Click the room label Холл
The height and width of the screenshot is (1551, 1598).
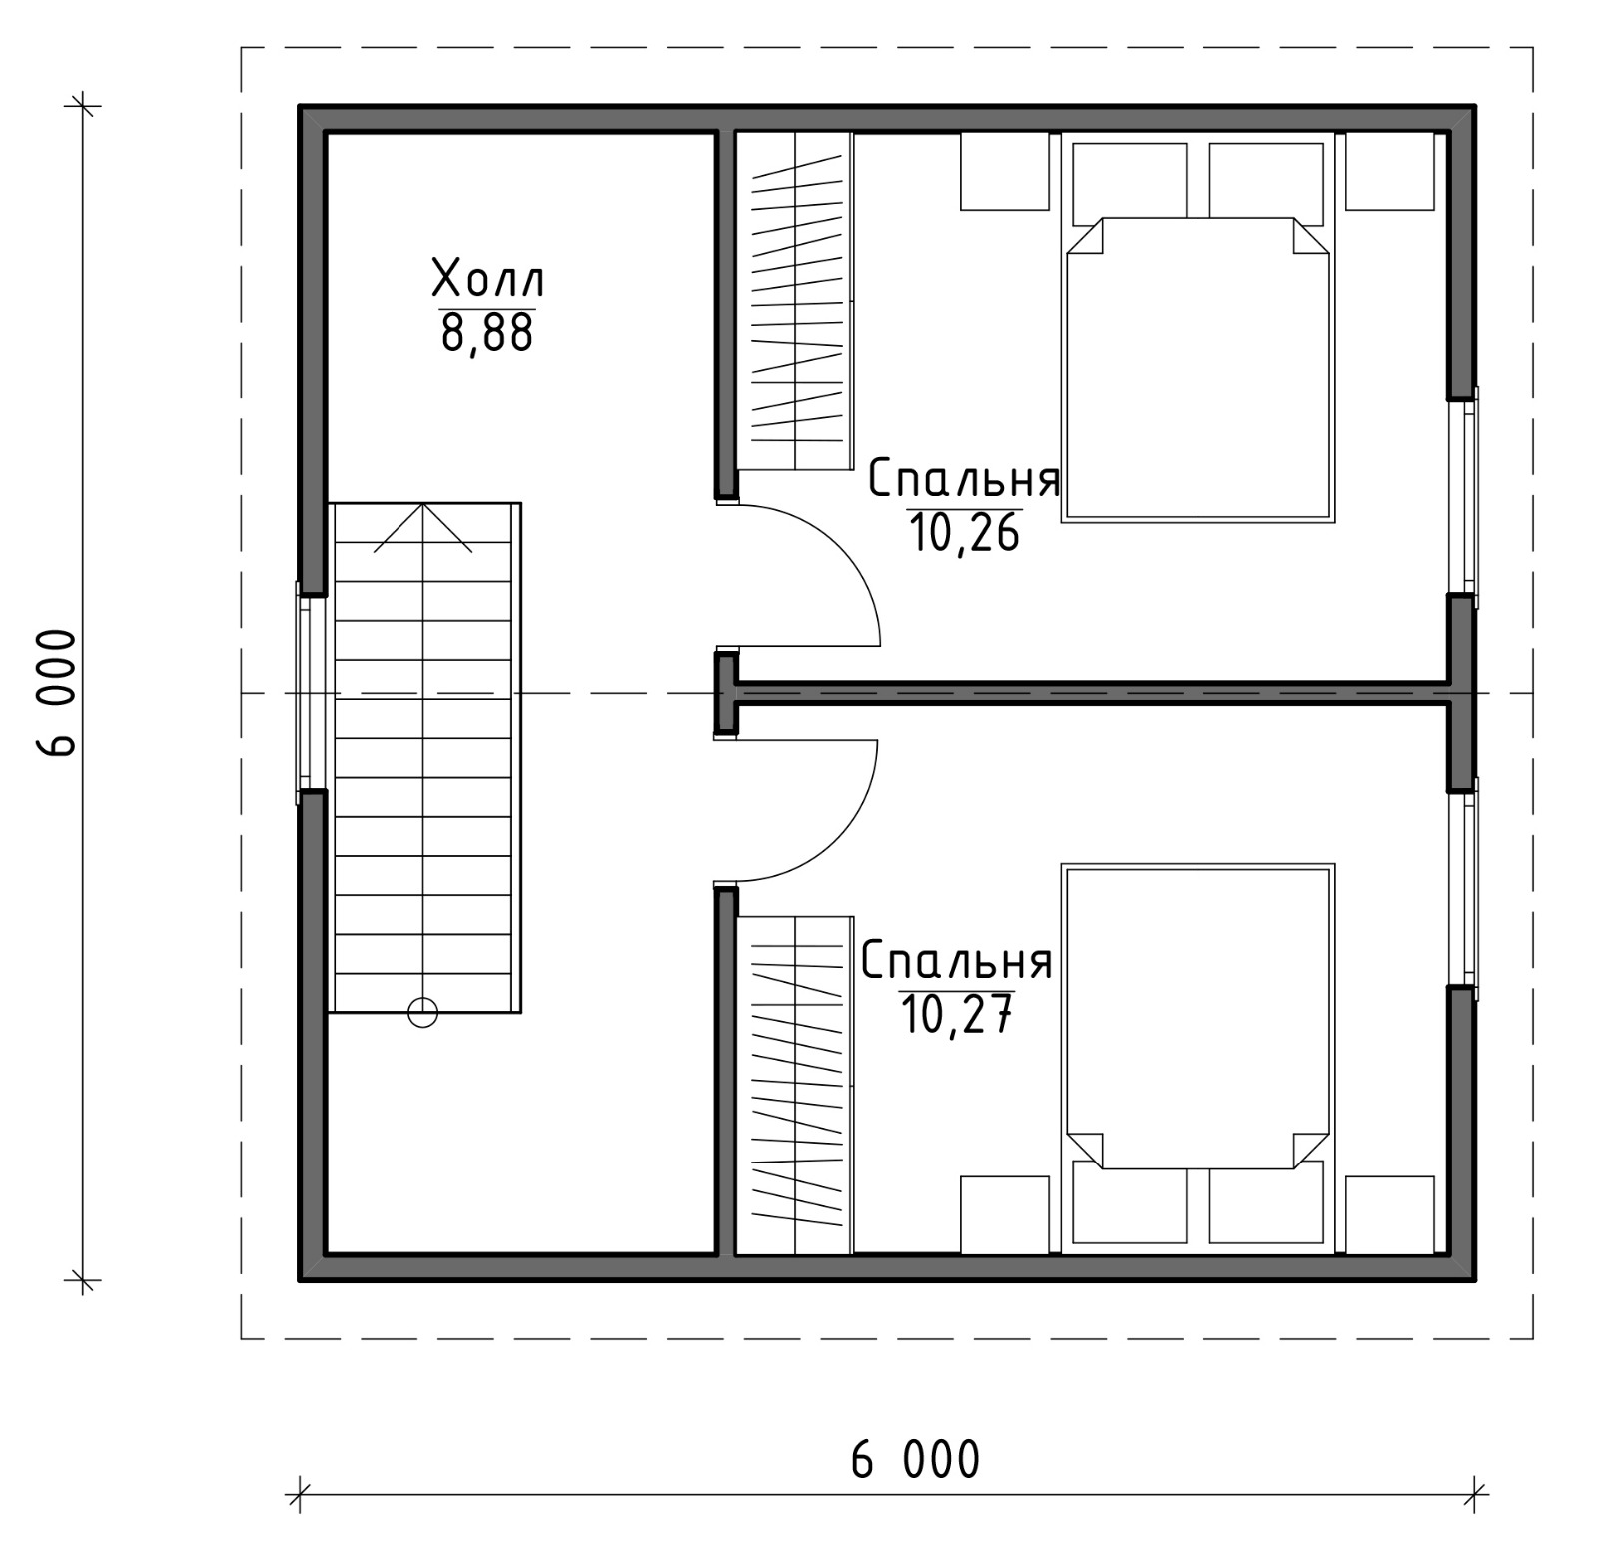tap(488, 279)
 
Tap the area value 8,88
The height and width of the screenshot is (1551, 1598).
tap(487, 333)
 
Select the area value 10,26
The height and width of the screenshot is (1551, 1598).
tap(964, 533)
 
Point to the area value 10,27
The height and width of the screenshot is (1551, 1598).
tap(957, 1015)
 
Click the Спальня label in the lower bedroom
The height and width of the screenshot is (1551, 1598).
tap(957, 961)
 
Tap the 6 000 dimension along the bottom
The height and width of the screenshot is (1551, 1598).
tap(915, 1460)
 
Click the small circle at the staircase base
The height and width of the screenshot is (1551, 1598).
tap(423, 1013)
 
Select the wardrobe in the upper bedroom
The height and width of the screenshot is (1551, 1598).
tap(794, 301)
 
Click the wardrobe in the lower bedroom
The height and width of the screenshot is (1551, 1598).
tap(794, 1085)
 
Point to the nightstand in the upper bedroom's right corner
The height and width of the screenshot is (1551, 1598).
tap(1390, 171)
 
